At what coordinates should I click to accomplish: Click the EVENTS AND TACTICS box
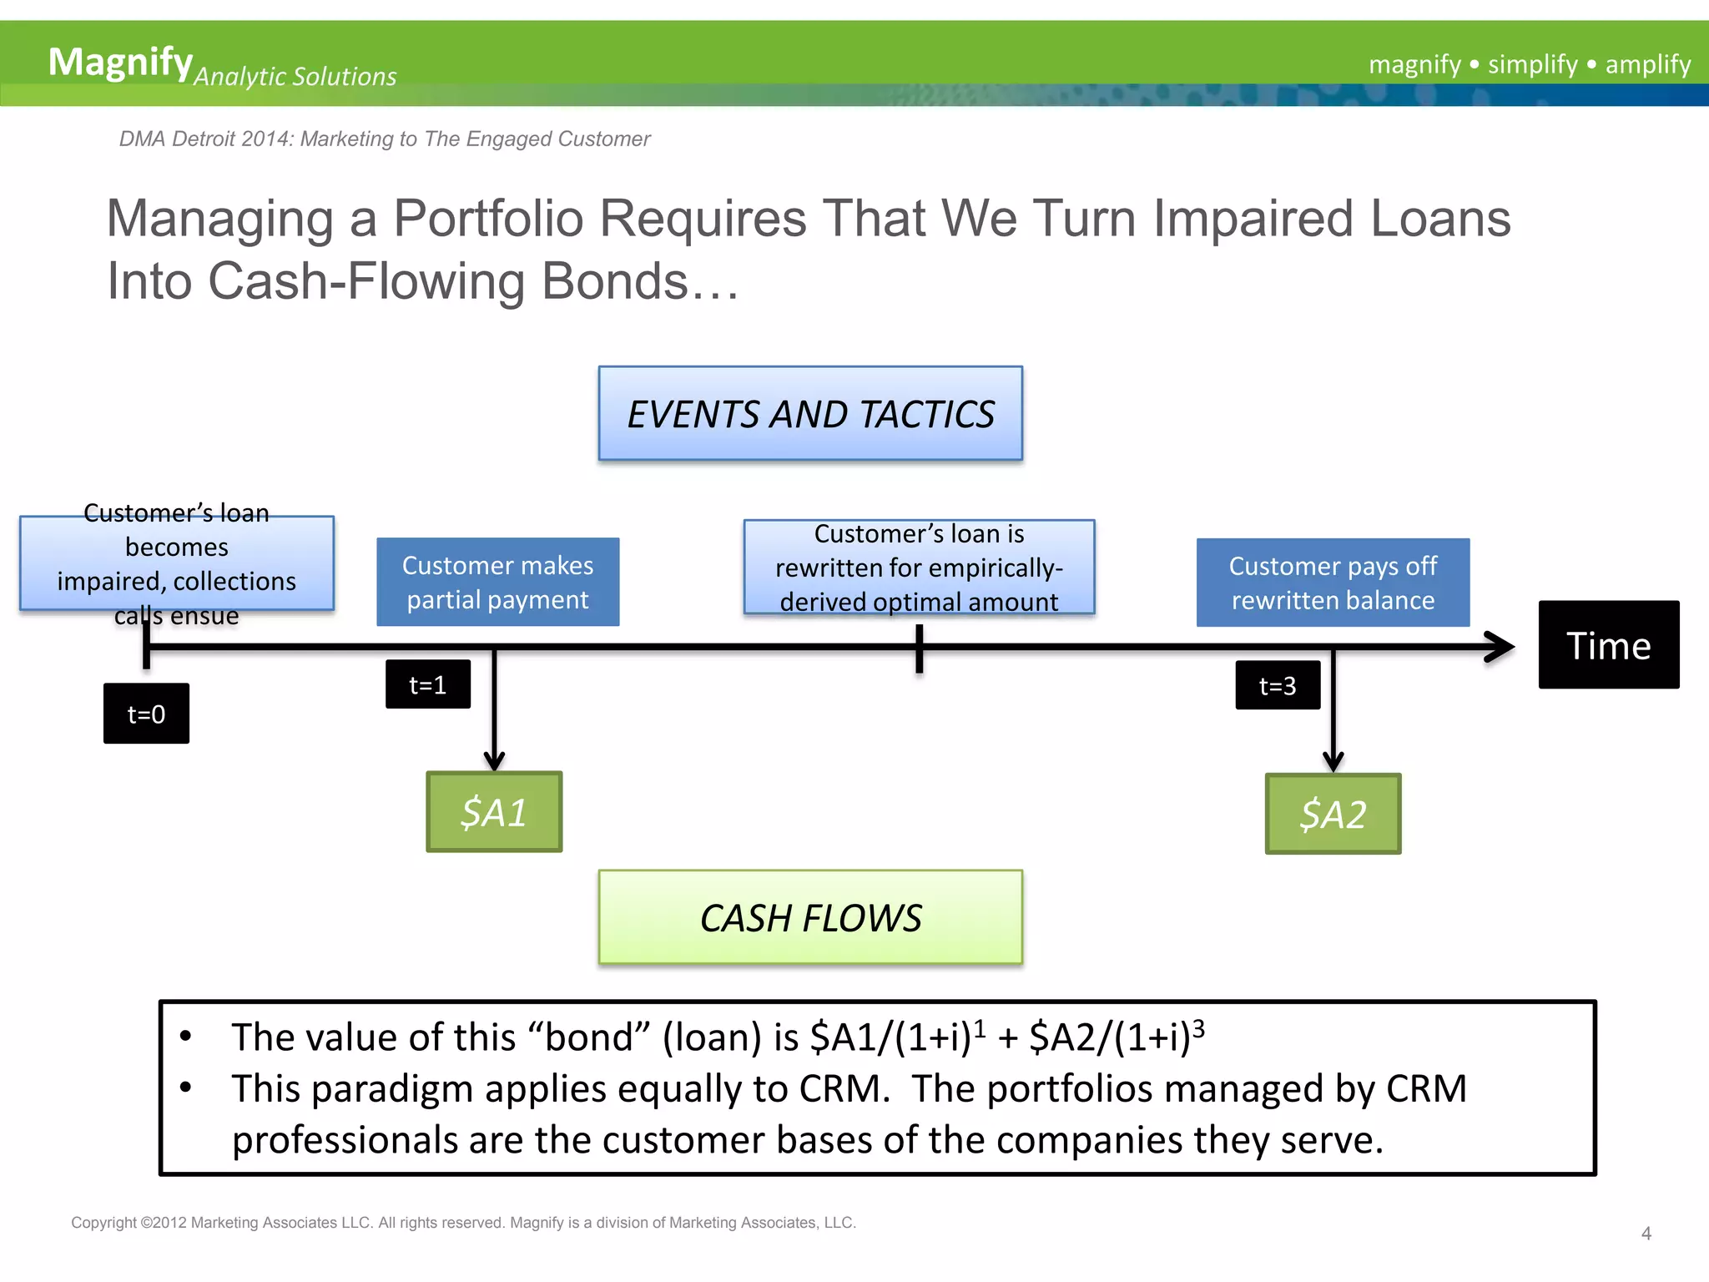click(x=809, y=413)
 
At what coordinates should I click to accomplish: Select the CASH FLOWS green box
click(x=809, y=917)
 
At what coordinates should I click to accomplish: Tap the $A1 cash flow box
click(x=494, y=812)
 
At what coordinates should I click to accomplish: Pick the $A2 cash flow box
click(x=1333, y=814)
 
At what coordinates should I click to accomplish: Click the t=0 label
click(x=146, y=714)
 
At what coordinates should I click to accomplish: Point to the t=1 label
click(x=427, y=684)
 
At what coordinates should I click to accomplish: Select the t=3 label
click(x=1277, y=685)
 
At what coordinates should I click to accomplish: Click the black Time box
click(x=1608, y=645)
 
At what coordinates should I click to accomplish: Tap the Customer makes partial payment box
click(x=497, y=582)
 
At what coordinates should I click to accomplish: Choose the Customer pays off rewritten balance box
click(x=1333, y=583)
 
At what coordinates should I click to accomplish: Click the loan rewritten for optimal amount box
click(x=919, y=568)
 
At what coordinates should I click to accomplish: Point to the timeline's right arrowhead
click(x=1502, y=647)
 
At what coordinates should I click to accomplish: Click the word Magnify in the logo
click(x=120, y=62)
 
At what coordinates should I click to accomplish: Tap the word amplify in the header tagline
click(x=1647, y=64)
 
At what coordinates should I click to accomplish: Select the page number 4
click(x=1646, y=1233)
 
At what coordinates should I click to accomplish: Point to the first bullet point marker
click(x=186, y=1037)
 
